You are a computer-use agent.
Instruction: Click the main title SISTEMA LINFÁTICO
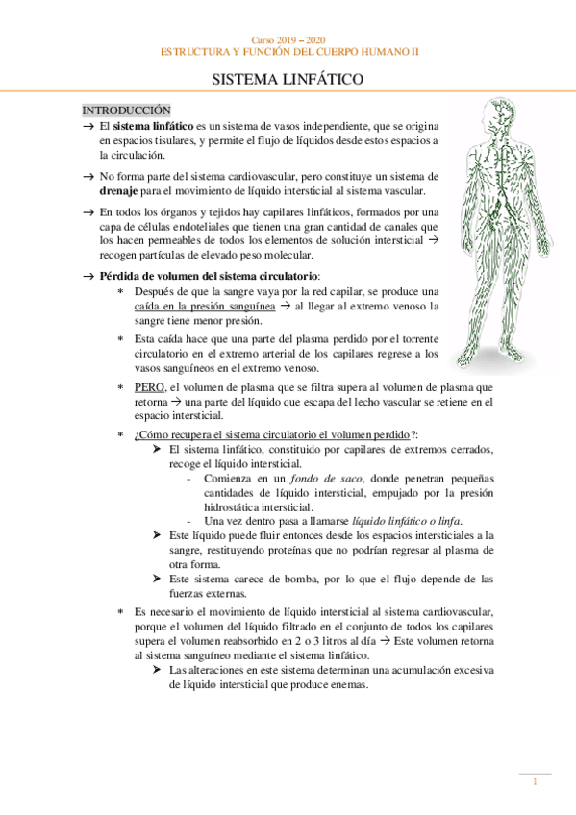pos(288,84)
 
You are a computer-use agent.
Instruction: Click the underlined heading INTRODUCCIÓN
pos(126,111)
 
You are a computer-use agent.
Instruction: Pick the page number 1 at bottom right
pos(535,783)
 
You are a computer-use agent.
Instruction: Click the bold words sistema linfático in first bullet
pos(150,127)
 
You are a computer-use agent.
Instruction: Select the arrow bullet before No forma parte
pos(88,177)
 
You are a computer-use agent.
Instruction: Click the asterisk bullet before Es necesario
pos(119,612)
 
